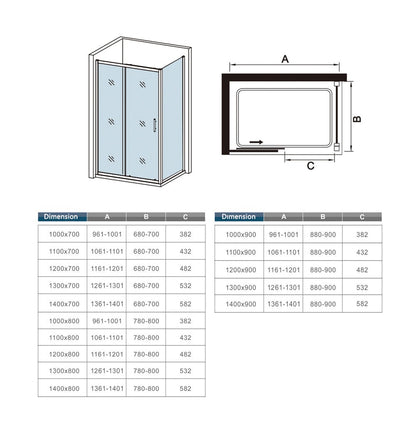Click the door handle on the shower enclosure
[x=154, y=125]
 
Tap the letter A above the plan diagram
[x=285, y=59]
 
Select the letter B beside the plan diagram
[x=357, y=119]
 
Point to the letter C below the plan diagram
[x=311, y=166]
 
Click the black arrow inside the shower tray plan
[x=256, y=142]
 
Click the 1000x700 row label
[x=64, y=234]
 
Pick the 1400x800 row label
[x=64, y=388]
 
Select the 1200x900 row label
[x=241, y=270]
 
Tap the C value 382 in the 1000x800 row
[x=185, y=321]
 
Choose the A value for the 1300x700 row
[x=107, y=286]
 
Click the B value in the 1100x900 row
[x=323, y=252]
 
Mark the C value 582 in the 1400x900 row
[x=362, y=304]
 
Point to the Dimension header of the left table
[x=61, y=217]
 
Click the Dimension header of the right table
[x=238, y=217]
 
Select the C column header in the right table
[x=362, y=217]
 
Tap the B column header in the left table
[x=146, y=217]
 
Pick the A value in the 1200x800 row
[x=107, y=354]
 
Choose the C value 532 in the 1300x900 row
[x=362, y=287]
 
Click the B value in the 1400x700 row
[x=146, y=304]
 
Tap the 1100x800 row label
[x=64, y=338]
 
